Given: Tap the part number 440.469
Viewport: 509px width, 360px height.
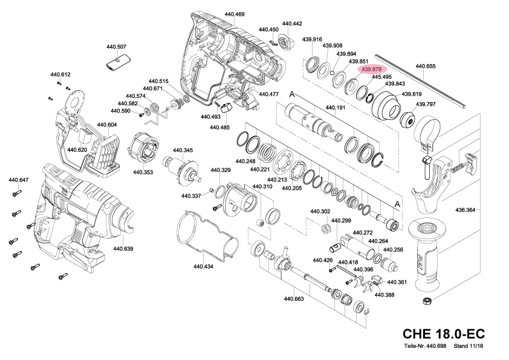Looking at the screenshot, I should (x=235, y=14).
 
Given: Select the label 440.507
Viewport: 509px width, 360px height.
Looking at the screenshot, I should (x=116, y=47).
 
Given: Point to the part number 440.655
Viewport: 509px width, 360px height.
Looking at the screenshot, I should (x=426, y=66).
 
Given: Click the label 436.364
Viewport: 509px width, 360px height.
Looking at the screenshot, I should (x=465, y=210).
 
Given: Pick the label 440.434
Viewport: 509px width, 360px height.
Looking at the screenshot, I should (x=203, y=266).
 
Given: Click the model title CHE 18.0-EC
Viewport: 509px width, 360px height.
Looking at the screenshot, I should (x=443, y=334).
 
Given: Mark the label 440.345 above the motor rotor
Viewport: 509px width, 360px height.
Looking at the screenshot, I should (x=183, y=150).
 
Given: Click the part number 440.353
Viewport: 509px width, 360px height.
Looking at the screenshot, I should (x=143, y=172).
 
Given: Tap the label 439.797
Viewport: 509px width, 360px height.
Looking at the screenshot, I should (x=426, y=104).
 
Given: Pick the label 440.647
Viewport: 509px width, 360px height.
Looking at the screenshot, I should (x=19, y=180).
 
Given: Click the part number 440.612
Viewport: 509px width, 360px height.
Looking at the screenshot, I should (x=60, y=74).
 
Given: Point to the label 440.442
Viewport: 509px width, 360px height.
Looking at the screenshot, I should (x=292, y=24).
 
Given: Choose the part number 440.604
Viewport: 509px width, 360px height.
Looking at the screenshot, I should (x=106, y=125).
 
